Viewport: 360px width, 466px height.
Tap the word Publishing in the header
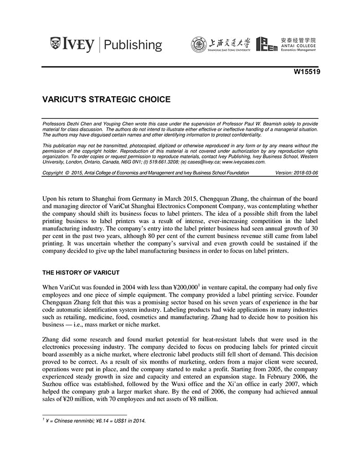click(x=133, y=45)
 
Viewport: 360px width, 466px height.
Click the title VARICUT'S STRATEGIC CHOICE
click(x=106, y=100)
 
